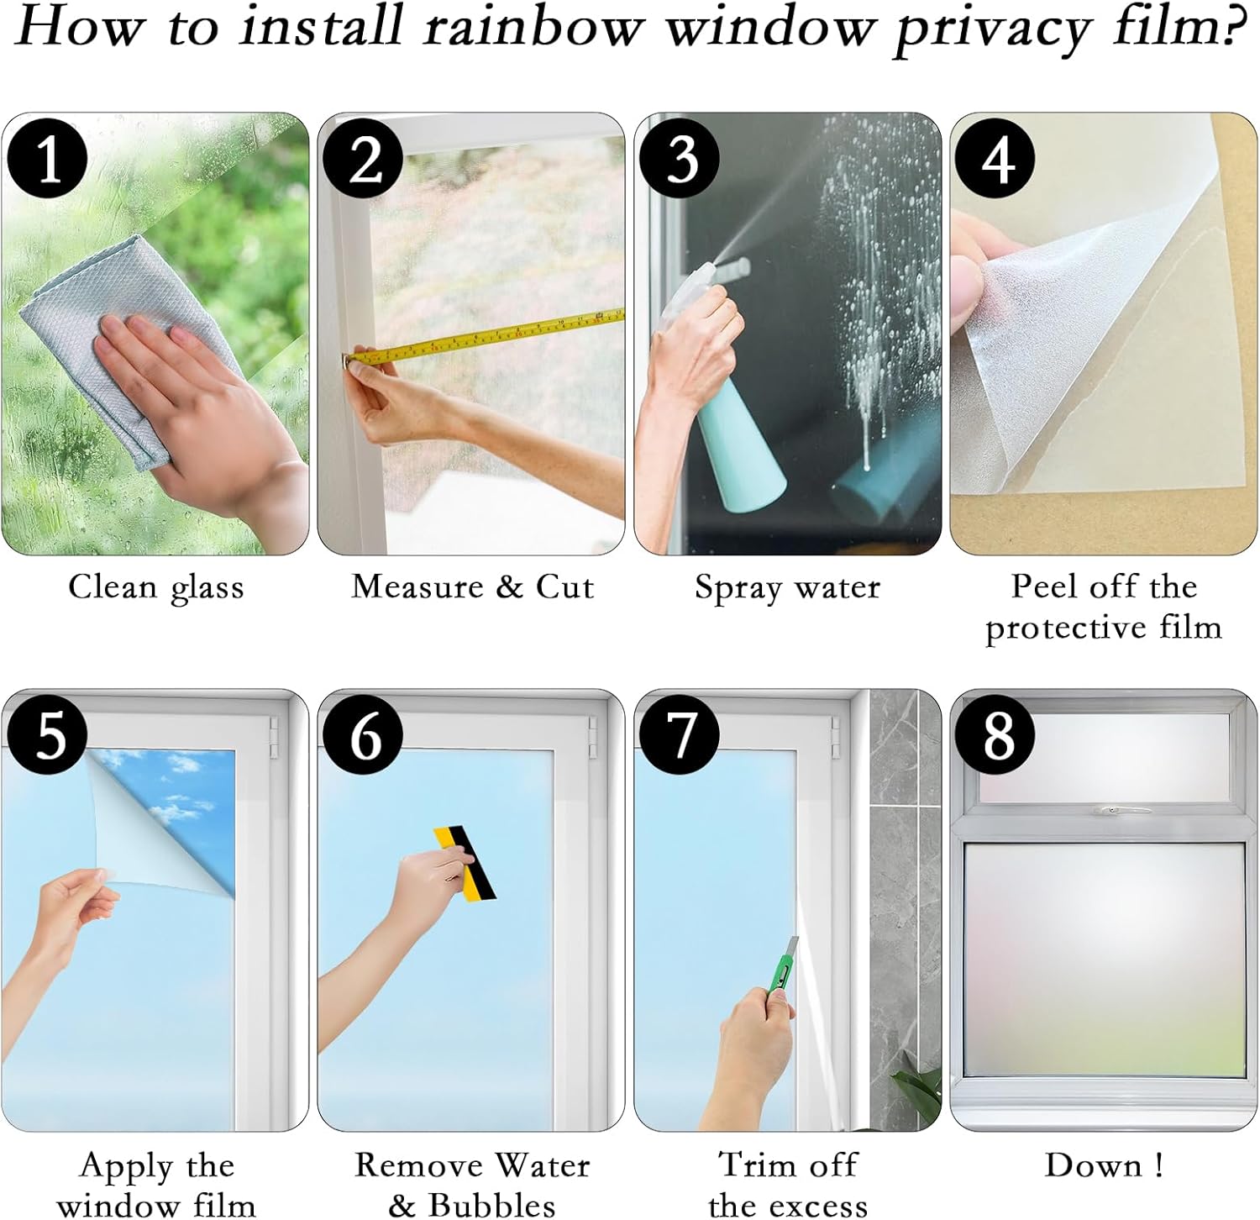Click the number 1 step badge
[48, 158]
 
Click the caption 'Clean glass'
[156, 587]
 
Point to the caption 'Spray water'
[787, 587]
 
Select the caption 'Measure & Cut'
[472, 586]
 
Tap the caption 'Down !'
[1103, 1165]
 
